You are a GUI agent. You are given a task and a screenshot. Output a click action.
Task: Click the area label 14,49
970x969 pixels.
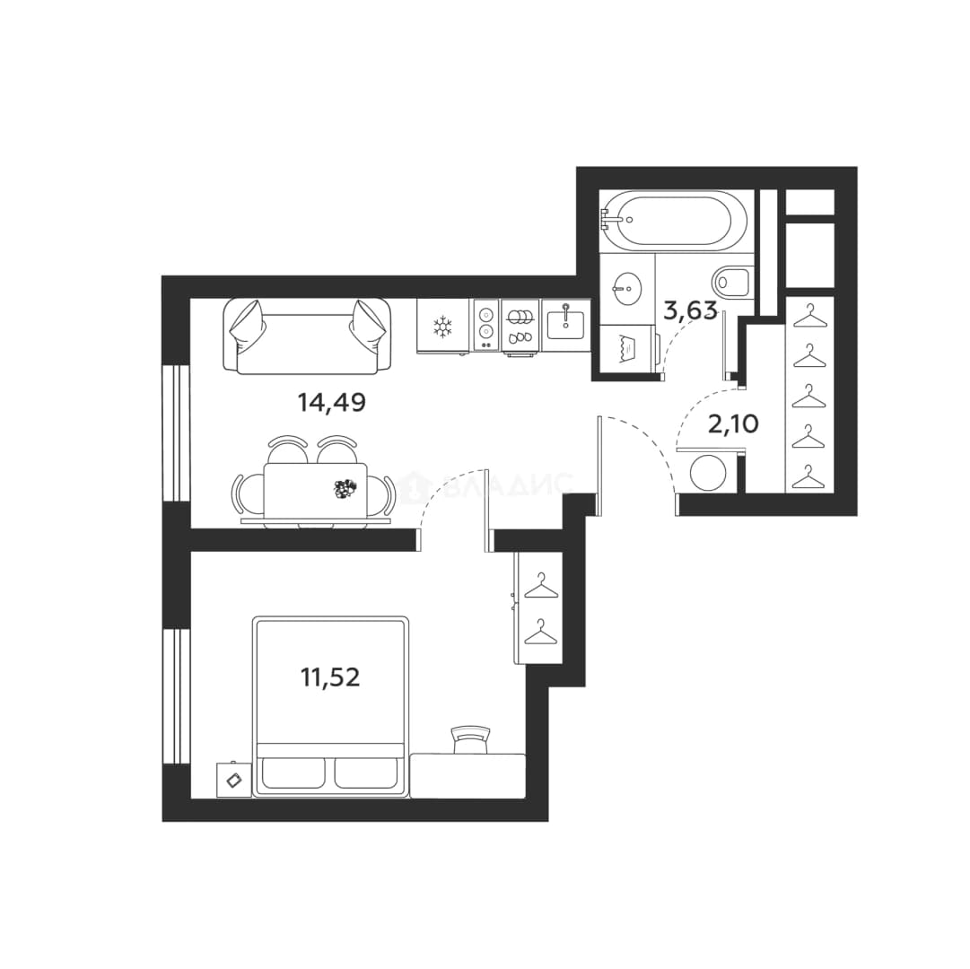pos(332,403)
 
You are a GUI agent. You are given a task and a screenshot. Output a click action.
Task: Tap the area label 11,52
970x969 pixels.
pos(330,677)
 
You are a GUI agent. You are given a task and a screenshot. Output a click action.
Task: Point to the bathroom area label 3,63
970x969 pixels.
pos(690,310)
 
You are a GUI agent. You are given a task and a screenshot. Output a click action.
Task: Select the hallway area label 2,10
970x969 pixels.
pos(733,424)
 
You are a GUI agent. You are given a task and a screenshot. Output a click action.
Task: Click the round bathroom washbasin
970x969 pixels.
pos(626,288)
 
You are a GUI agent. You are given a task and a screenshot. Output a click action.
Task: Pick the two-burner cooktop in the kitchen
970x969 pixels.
pos(486,326)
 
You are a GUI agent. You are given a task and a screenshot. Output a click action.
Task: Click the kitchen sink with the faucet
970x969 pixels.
pos(564,324)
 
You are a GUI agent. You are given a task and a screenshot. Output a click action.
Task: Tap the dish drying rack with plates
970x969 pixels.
pos(520,327)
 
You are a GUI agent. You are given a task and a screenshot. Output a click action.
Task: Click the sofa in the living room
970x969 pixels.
pos(308,336)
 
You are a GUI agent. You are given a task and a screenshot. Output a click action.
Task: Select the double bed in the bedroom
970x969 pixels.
pos(331,706)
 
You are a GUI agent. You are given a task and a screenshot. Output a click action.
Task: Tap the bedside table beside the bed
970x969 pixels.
pos(234,780)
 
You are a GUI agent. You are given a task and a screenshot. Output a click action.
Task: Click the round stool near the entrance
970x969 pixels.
pos(708,473)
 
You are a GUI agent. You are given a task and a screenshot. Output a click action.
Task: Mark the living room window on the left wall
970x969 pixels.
pos(176,432)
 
